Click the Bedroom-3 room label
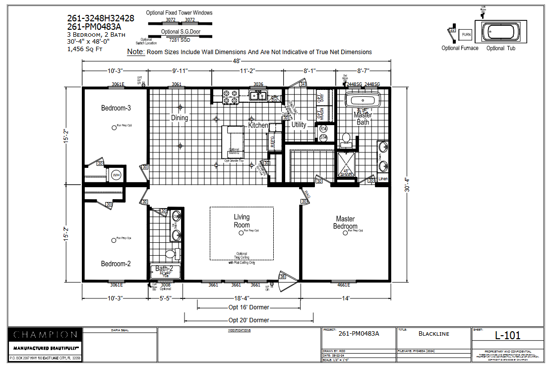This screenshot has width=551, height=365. [x=116, y=108]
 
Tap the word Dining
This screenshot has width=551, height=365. [x=180, y=118]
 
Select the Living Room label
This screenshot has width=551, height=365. [x=242, y=221]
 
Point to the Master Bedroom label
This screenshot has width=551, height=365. [x=345, y=222]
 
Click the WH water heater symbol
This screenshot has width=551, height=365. [x=116, y=175]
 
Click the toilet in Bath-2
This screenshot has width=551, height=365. [x=171, y=255]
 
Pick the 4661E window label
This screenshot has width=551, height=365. [x=343, y=285]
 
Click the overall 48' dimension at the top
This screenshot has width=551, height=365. [x=237, y=61]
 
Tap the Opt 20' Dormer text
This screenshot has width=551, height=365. [x=248, y=320]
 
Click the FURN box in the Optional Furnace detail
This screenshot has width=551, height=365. [x=466, y=34]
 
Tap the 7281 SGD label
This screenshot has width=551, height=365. [x=179, y=40]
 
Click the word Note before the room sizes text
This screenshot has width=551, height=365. [x=135, y=52]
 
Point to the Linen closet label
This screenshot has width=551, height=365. [x=383, y=179]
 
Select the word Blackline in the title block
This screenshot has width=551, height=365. [x=434, y=334]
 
